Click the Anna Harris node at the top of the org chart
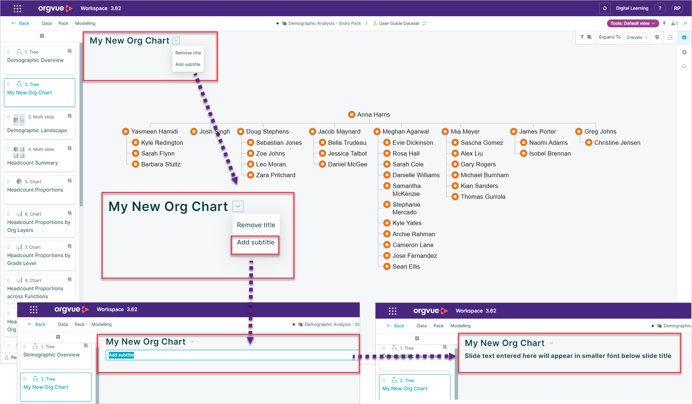(x=369, y=115)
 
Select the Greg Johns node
(x=596, y=131)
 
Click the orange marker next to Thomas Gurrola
(x=455, y=197)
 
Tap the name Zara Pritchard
(x=275, y=175)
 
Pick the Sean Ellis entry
(x=402, y=266)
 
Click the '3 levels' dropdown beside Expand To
(x=637, y=37)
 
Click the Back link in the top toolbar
(x=21, y=23)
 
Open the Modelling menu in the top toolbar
(x=85, y=23)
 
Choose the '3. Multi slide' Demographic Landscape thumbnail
(x=40, y=125)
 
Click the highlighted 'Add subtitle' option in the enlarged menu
(x=255, y=242)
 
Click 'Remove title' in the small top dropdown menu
(x=188, y=53)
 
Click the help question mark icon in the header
(x=660, y=8)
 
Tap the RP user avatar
(x=677, y=8)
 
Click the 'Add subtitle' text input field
(x=232, y=355)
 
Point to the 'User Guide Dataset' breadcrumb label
(x=399, y=23)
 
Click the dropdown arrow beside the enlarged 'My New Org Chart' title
(x=238, y=206)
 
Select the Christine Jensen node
(x=613, y=143)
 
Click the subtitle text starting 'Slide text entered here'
(x=568, y=356)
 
